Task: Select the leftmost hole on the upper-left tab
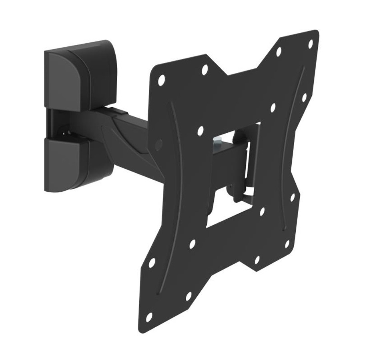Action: pyautogui.click(x=161, y=80)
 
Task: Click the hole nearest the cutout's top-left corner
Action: pyautogui.click(x=201, y=130)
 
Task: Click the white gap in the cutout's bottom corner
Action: pyautogui.click(x=218, y=218)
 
